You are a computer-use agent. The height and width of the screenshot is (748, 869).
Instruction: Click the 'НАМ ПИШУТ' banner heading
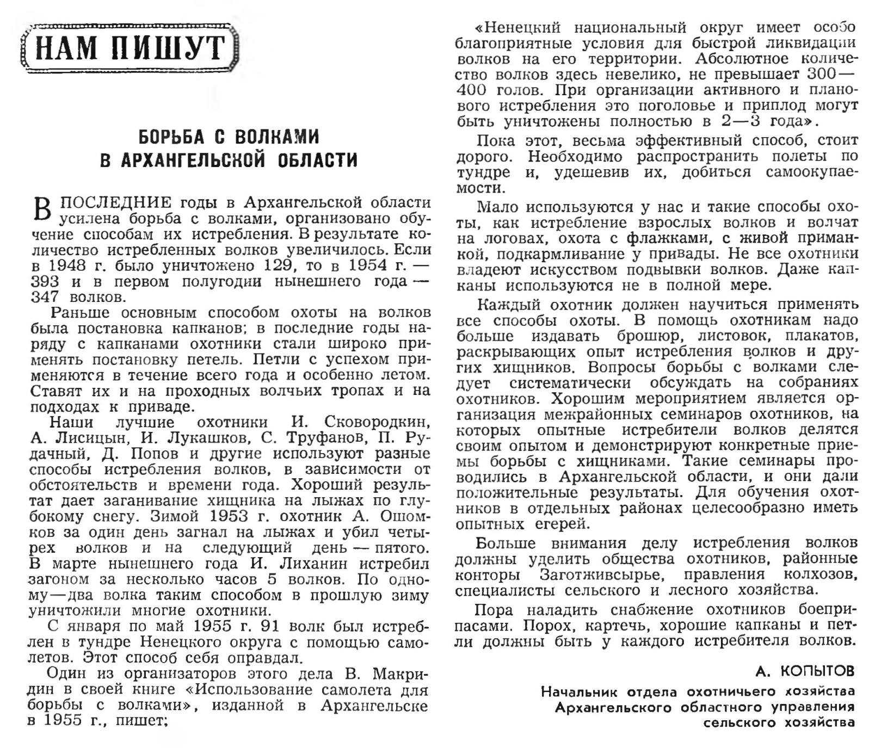pos(130,48)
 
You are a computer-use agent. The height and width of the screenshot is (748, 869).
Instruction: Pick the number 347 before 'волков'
pos(45,298)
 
